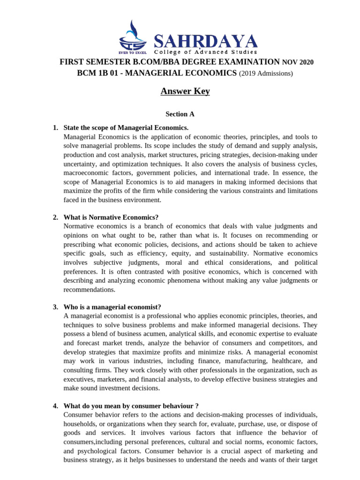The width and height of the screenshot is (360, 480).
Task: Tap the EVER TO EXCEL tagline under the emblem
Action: pos(129,52)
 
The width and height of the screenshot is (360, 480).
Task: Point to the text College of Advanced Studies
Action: pos(206,52)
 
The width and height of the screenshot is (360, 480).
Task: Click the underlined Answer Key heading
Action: pos(185,91)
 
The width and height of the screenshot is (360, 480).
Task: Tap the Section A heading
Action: pos(180,114)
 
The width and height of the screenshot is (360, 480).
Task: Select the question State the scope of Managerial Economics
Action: pos(126,128)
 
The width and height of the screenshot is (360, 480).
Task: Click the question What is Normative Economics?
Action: pos(111,217)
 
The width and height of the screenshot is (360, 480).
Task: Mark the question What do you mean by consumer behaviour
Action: pos(131,406)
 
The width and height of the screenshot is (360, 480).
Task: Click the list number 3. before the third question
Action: pos(55,307)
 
